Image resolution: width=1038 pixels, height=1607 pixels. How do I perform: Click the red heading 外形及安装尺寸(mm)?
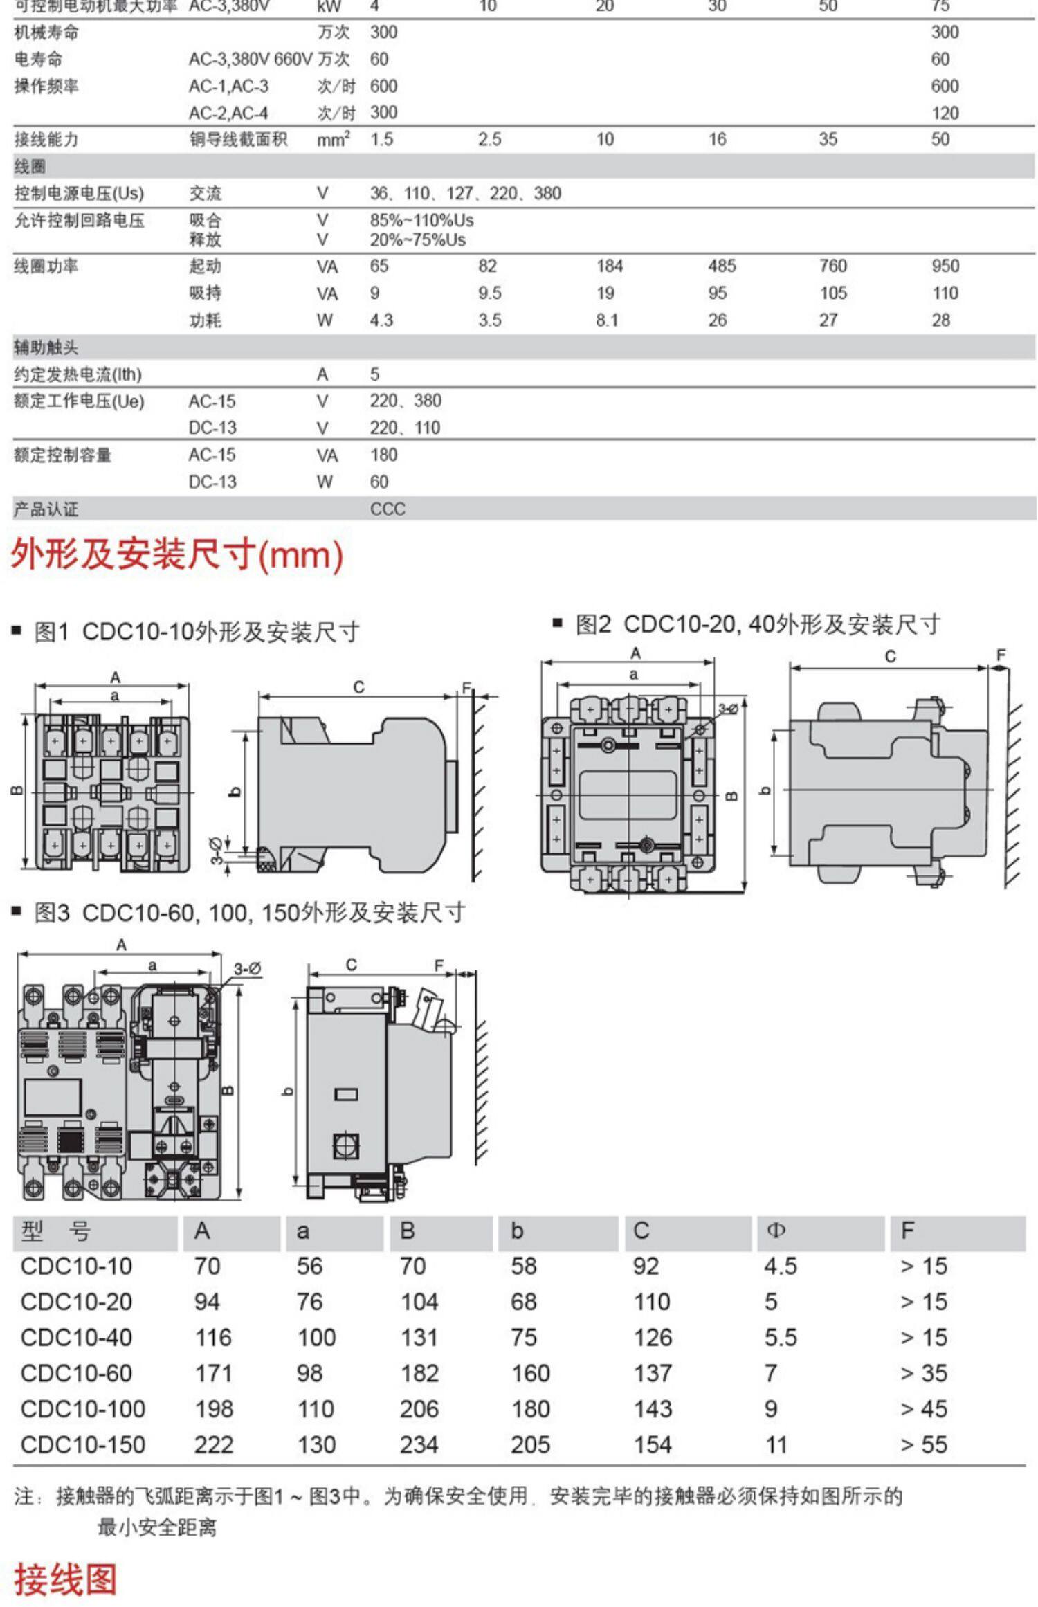[176, 554]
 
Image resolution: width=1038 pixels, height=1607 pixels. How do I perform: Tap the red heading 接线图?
[66, 1579]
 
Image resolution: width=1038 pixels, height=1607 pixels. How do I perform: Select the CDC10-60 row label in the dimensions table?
[76, 1372]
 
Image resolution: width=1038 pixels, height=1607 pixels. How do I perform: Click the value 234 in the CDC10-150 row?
[419, 1444]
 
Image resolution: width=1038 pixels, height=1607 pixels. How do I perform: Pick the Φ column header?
[776, 1231]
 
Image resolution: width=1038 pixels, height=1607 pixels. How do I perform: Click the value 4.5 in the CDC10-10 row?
[781, 1266]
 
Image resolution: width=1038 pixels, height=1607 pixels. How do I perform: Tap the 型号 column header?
[55, 1231]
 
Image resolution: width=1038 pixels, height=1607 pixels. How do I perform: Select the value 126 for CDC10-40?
[653, 1337]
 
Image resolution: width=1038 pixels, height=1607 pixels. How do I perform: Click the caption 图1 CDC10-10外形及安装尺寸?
[197, 632]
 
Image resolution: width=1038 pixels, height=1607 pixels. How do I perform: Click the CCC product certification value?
[388, 509]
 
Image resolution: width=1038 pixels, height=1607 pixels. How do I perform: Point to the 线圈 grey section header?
[30, 166]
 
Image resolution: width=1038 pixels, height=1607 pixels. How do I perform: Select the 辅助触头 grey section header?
[46, 347]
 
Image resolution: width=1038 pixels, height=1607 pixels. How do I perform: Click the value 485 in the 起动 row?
[722, 266]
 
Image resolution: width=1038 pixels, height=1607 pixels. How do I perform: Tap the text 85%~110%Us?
[421, 220]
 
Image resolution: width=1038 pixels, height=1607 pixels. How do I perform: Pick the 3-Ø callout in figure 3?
[247, 968]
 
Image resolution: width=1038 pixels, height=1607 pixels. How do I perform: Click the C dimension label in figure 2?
[890, 656]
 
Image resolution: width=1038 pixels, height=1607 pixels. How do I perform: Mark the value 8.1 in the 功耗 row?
[607, 320]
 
